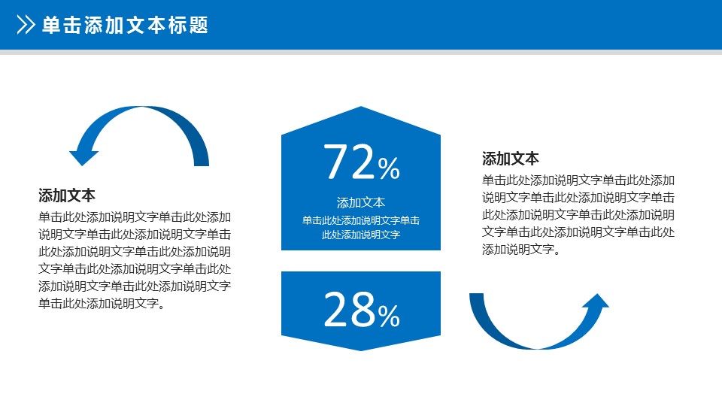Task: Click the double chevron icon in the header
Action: click(x=26, y=25)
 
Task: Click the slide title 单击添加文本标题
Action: click(x=126, y=25)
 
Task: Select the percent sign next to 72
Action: click(x=389, y=168)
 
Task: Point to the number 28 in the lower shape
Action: click(x=350, y=309)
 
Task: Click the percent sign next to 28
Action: click(x=389, y=317)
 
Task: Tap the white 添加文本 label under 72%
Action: click(x=361, y=202)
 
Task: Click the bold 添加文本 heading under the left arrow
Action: click(x=67, y=195)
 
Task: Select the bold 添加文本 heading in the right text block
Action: click(x=510, y=159)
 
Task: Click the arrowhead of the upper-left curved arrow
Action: click(x=83, y=156)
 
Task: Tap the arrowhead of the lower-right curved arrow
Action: click(x=596, y=301)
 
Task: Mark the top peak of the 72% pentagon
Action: click(x=361, y=107)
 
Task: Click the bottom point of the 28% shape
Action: click(x=361, y=350)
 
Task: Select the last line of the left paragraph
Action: click(x=102, y=303)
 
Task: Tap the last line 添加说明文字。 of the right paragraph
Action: click(x=521, y=250)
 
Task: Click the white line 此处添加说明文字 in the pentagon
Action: click(x=361, y=235)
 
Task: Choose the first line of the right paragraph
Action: click(x=578, y=180)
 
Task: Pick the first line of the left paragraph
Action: click(x=135, y=217)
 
